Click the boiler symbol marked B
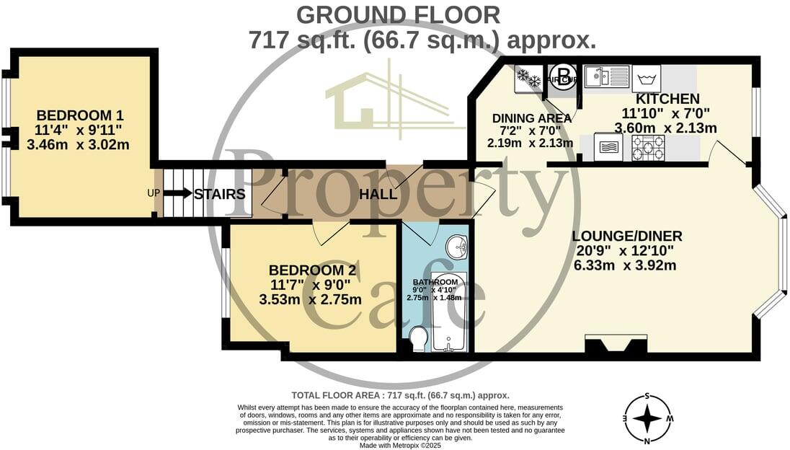point(562,77)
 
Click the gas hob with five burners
point(648,147)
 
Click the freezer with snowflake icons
point(528,78)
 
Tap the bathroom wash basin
point(457,247)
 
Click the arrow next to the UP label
point(177,194)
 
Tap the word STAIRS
point(220,195)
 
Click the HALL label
point(378,195)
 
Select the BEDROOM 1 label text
point(80,115)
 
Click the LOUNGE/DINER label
point(626,237)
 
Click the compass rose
point(648,418)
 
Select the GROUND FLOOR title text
point(398,14)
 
